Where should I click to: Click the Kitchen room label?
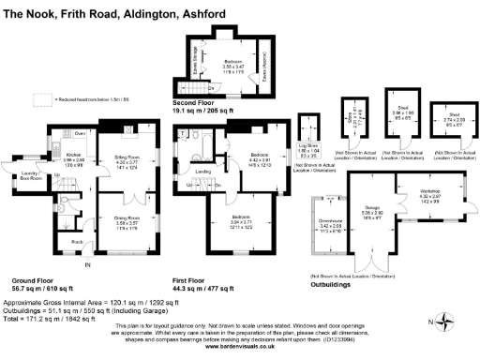76,155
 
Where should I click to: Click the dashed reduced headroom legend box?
42,97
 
